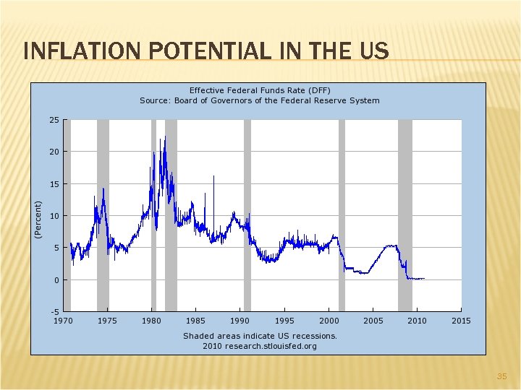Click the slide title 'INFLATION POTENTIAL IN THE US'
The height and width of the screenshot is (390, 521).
pyautogui.click(x=206, y=51)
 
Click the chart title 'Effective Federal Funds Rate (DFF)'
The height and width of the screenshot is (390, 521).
pyautogui.click(x=260, y=90)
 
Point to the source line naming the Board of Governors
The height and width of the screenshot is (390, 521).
pyautogui.click(x=260, y=100)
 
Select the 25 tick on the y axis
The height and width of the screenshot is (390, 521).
pyautogui.click(x=54, y=120)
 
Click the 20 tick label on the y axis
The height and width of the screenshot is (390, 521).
pyautogui.click(x=54, y=152)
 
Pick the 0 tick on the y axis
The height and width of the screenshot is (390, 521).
pyautogui.click(x=56, y=280)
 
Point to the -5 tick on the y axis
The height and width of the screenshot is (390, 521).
pyautogui.click(x=54, y=312)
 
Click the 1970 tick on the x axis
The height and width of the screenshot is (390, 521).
pyautogui.click(x=64, y=321)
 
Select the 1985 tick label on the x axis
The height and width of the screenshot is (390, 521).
pyautogui.click(x=196, y=321)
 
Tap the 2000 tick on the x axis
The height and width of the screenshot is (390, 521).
pyautogui.click(x=329, y=321)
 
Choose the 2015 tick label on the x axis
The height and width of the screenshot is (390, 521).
pyautogui.click(x=461, y=321)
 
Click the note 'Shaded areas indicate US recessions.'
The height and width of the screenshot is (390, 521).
pyautogui.click(x=260, y=336)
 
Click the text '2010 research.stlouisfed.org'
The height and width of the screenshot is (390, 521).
pyautogui.click(x=260, y=346)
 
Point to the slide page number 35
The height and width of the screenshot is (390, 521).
pyautogui.click(x=501, y=376)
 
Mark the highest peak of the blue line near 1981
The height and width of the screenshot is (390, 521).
pyautogui.click(x=165, y=136)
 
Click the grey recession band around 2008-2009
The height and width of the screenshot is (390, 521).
pyautogui.click(x=404, y=217)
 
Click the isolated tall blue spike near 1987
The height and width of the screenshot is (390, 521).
pyautogui.click(x=213, y=178)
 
